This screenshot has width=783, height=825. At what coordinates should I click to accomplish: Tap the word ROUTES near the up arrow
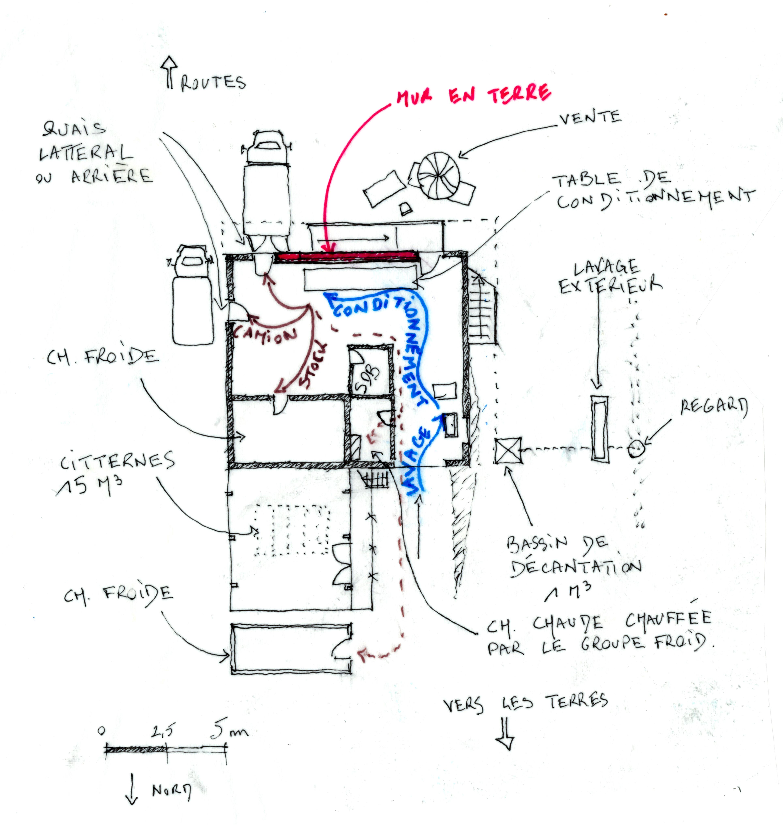(x=213, y=83)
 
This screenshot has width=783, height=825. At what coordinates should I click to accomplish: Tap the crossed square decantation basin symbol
(x=508, y=450)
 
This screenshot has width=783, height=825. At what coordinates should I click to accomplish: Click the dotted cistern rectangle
(x=292, y=530)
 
